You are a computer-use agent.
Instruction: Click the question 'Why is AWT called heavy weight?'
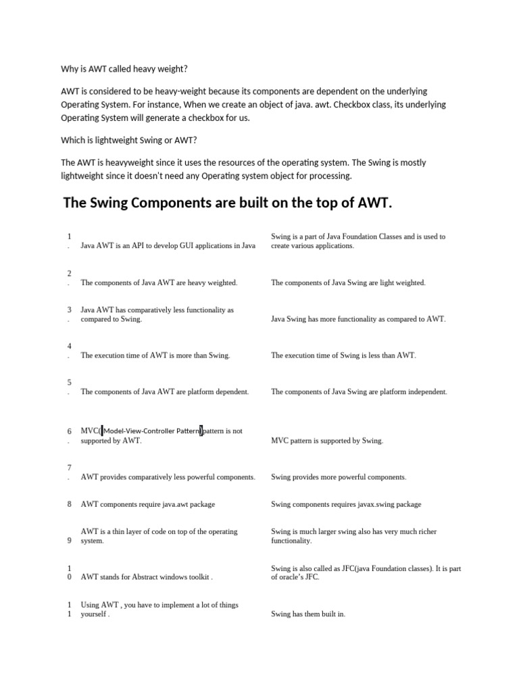pos(124,68)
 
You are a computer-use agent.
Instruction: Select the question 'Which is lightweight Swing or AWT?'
pos(128,140)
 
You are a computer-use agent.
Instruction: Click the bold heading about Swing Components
pos(227,203)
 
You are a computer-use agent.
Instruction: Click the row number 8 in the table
pos(69,504)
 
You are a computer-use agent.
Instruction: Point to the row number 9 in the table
pos(69,540)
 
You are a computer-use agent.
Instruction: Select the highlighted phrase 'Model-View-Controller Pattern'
pos(151,431)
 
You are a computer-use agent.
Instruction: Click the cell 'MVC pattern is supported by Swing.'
pos(327,441)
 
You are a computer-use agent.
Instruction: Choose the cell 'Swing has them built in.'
pos(308,614)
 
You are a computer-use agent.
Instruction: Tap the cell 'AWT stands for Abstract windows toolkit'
pos(147,577)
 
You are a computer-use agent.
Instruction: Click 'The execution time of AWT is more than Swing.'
pos(155,355)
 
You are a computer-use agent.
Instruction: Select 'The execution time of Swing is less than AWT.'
pos(343,355)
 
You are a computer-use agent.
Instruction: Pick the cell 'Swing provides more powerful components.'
pos(339,477)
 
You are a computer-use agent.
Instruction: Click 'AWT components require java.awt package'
pos(148,504)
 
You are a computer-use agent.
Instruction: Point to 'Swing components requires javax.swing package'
pos(346,504)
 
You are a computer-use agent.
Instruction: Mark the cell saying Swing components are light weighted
pos(348,282)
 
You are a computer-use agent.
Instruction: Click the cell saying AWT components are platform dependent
pos(165,391)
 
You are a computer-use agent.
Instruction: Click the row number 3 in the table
pos(69,310)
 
